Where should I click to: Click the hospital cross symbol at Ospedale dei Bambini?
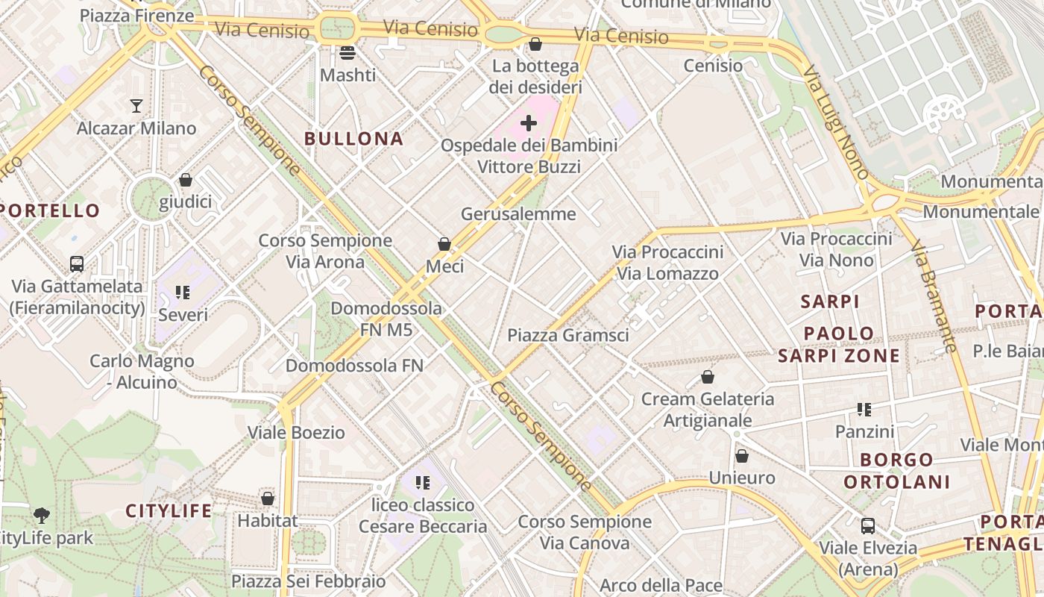[x=529, y=122]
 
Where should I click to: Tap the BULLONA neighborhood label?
[x=354, y=139]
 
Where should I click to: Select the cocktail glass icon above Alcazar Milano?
[x=136, y=105]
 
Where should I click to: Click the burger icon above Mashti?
[x=348, y=52]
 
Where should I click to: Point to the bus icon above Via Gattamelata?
[x=77, y=263]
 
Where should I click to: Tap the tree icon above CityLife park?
[x=42, y=515]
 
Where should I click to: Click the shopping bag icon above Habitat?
[x=268, y=498]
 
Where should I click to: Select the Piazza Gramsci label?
[x=568, y=335]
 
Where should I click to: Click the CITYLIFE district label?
[x=169, y=511]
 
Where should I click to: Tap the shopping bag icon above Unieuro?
[x=742, y=455]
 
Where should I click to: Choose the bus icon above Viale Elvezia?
[x=868, y=525]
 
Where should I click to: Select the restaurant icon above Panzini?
[x=864, y=409]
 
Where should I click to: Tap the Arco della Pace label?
[x=661, y=585]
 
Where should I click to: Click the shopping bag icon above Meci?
[x=444, y=243]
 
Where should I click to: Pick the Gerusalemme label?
[x=518, y=214]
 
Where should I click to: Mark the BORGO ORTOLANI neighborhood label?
[x=896, y=471]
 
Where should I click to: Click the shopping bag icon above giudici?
[x=186, y=180]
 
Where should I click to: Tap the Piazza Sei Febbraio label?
[x=309, y=581]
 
